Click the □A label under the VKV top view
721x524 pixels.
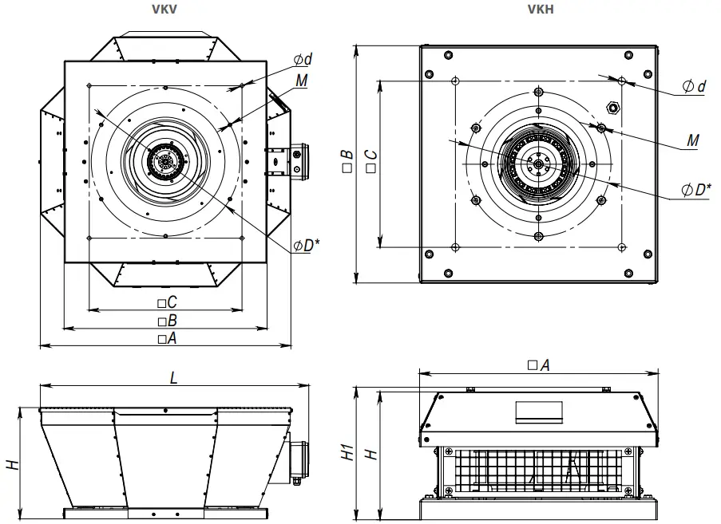coord(167,338)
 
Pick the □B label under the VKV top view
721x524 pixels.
coord(167,321)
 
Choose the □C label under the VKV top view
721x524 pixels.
coord(167,302)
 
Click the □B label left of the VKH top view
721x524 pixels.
coord(347,163)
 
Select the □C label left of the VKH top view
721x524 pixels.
coord(370,163)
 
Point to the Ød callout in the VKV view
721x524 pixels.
coord(303,60)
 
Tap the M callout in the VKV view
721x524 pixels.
coord(301,81)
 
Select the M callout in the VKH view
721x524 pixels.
coord(691,140)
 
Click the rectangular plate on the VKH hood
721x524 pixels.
coord(539,412)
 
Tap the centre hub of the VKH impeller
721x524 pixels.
coord(539,164)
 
